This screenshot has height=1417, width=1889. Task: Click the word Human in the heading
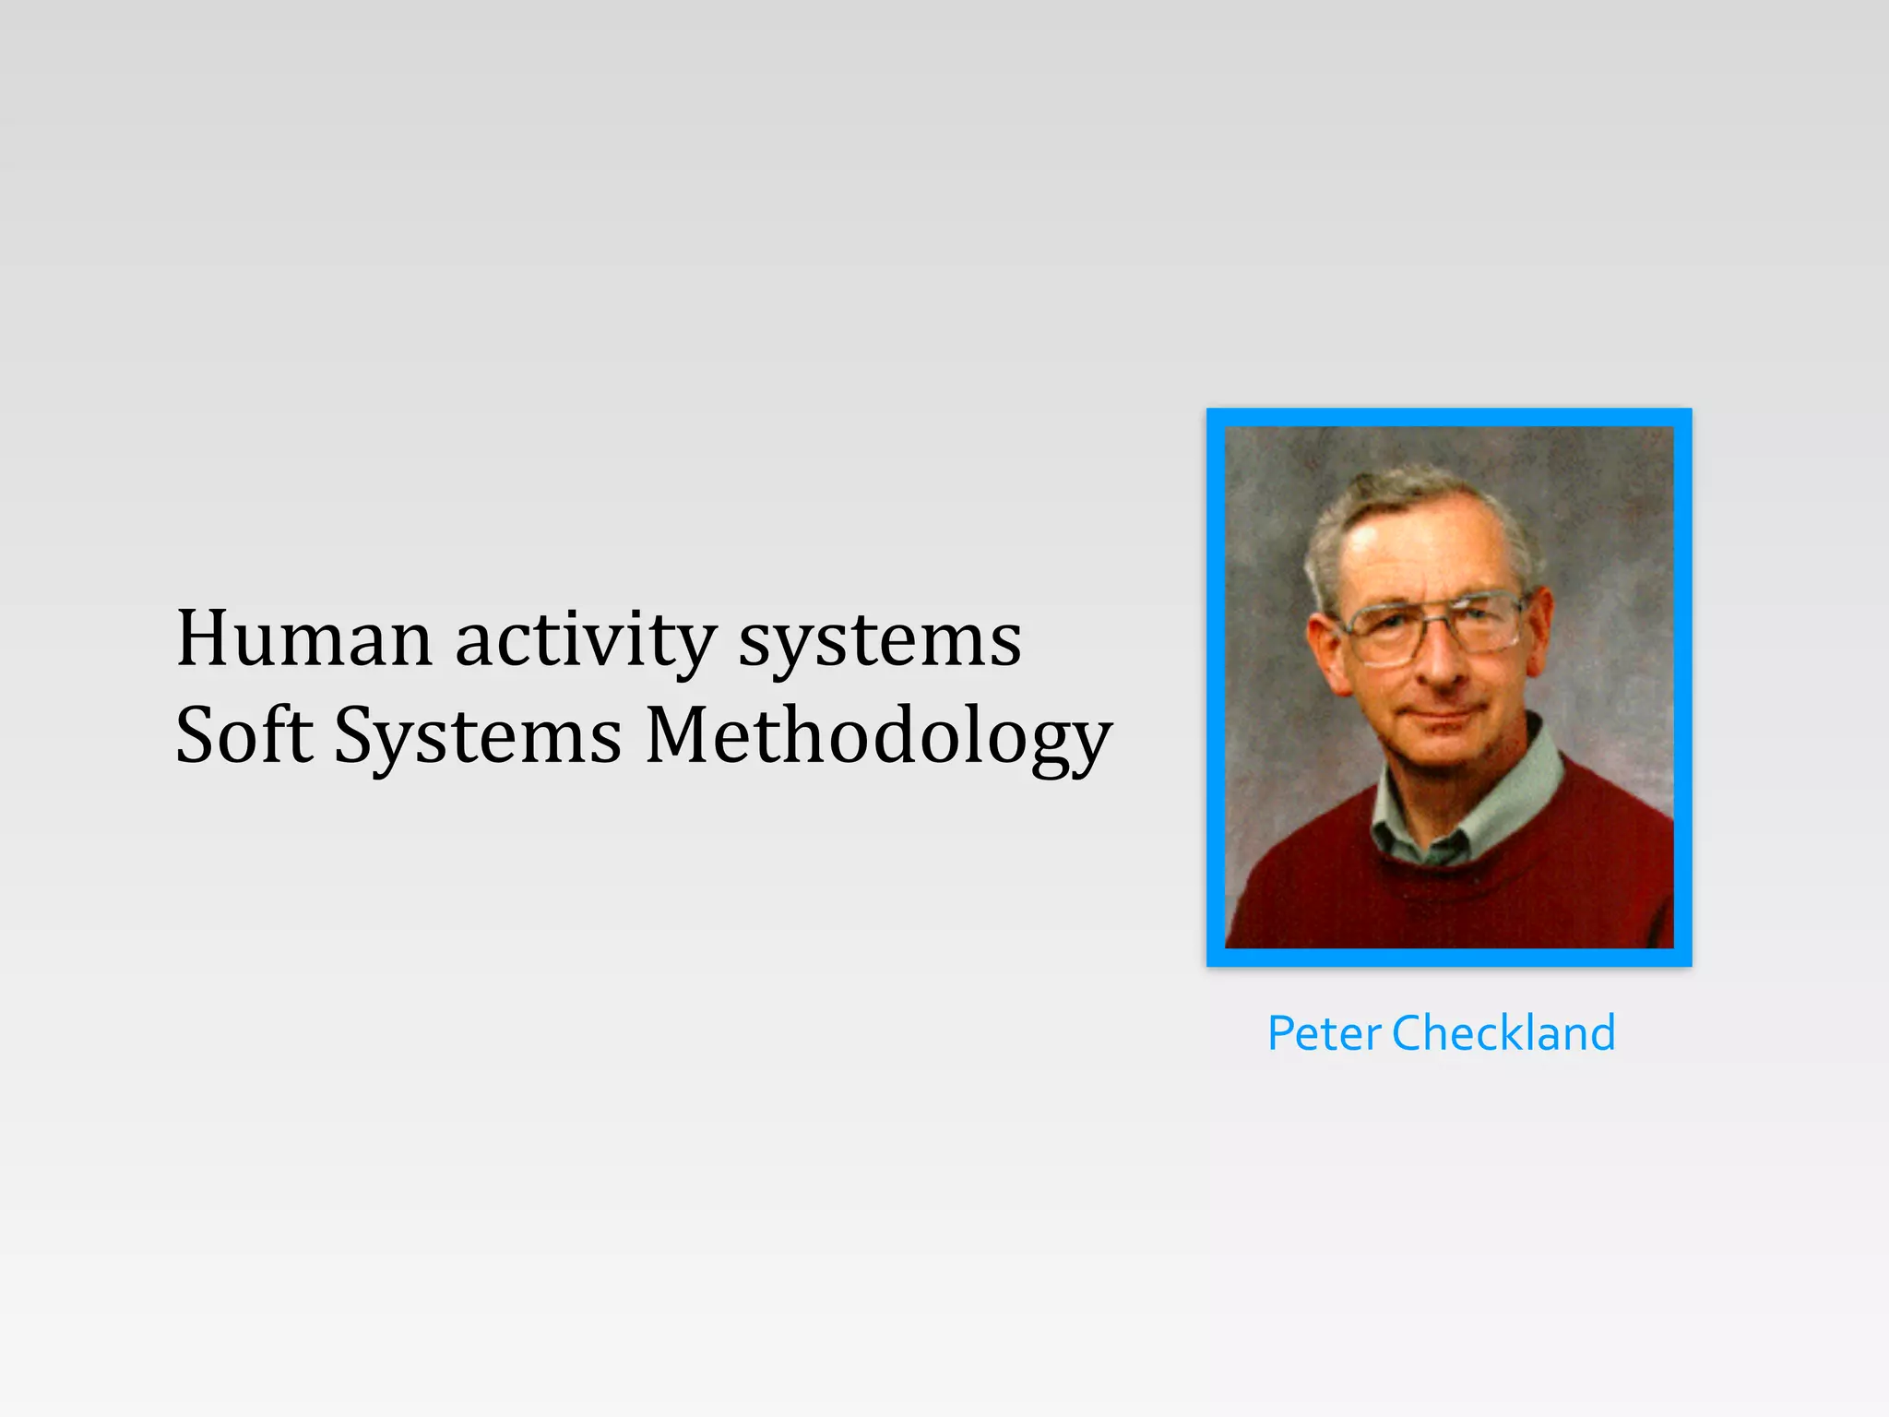pyautogui.click(x=303, y=638)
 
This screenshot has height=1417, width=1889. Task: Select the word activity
pyautogui.click(x=585, y=638)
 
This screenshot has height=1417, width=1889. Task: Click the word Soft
pyautogui.click(x=244, y=735)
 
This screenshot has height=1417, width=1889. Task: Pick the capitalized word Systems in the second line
pyautogui.click(x=477, y=735)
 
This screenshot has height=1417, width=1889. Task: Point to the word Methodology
pyautogui.click(x=878, y=737)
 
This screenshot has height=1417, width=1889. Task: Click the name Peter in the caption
pyautogui.click(x=1324, y=1033)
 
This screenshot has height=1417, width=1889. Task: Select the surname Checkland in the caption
pyautogui.click(x=1503, y=1033)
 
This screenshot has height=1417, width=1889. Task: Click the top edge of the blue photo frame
pyautogui.click(x=1449, y=417)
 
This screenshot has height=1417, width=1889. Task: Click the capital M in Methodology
pyautogui.click(x=683, y=735)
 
